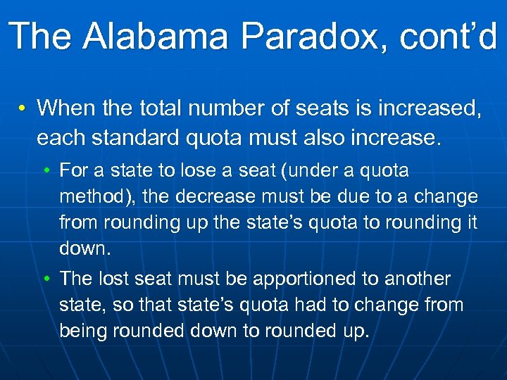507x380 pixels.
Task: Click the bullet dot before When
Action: [x=23, y=108]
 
